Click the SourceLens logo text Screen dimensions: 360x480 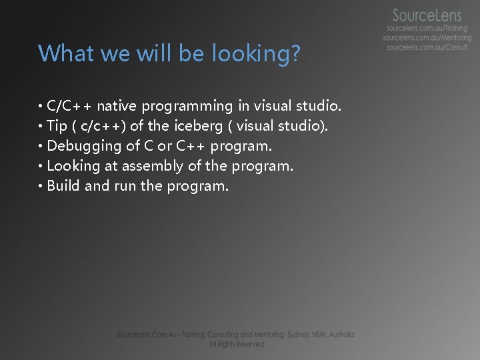pos(425,15)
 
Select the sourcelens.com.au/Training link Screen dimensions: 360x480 pos(427,29)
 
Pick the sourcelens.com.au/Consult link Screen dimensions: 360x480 pos(427,48)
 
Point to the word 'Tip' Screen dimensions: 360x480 pos(58,125)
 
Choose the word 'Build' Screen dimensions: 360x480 pos(64,185)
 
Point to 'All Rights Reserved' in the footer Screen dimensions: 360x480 pos(236,344)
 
